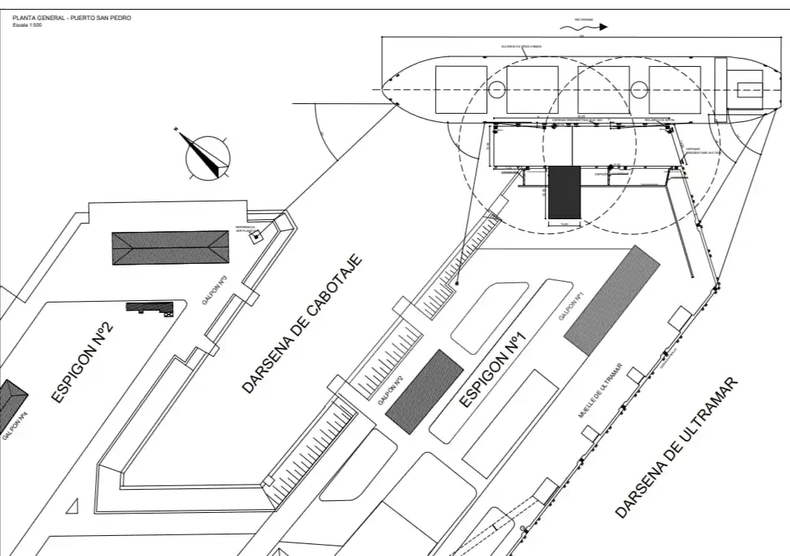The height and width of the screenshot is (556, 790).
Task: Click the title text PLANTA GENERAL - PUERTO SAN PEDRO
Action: tap(72, 18)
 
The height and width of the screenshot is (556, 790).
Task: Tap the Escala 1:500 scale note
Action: tap(27, 25)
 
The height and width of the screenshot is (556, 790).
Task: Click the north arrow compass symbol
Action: tap(207, 158)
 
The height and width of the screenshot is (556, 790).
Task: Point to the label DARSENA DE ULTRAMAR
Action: tap(678, 448)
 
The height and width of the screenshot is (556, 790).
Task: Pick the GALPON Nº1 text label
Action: tap(572, 306)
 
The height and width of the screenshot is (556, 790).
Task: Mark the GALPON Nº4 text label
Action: tap(15, 427)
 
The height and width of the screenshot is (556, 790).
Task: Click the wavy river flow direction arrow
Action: tap(583, 27)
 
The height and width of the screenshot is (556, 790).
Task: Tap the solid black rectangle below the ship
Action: tap(564, 193)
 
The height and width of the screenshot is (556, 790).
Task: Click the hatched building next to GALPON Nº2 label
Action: tap(424, 391)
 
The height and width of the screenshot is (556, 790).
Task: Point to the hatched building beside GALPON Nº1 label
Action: tap(612, 300)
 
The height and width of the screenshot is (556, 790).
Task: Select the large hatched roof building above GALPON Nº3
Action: tap(170, 248)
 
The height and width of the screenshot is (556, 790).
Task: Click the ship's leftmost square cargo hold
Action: tap(460, 90)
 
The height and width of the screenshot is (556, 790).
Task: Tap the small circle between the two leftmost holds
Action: tap(496, 90)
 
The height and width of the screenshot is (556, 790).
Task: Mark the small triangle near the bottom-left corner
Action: tap(73, 507)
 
